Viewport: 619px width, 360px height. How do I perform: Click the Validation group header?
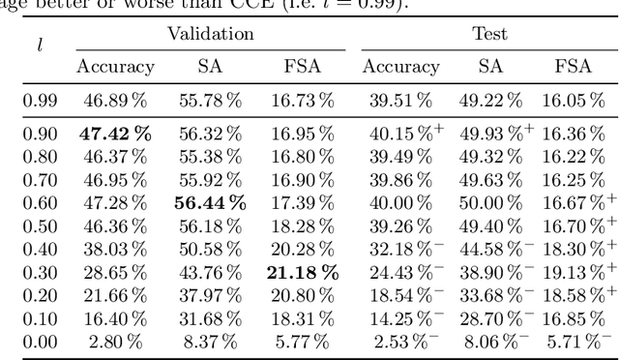(210, 34)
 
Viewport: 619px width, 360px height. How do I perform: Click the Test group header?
(489, 34)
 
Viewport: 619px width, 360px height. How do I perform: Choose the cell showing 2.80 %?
(117, 341)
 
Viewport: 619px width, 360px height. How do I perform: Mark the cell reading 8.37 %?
(210, 341)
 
